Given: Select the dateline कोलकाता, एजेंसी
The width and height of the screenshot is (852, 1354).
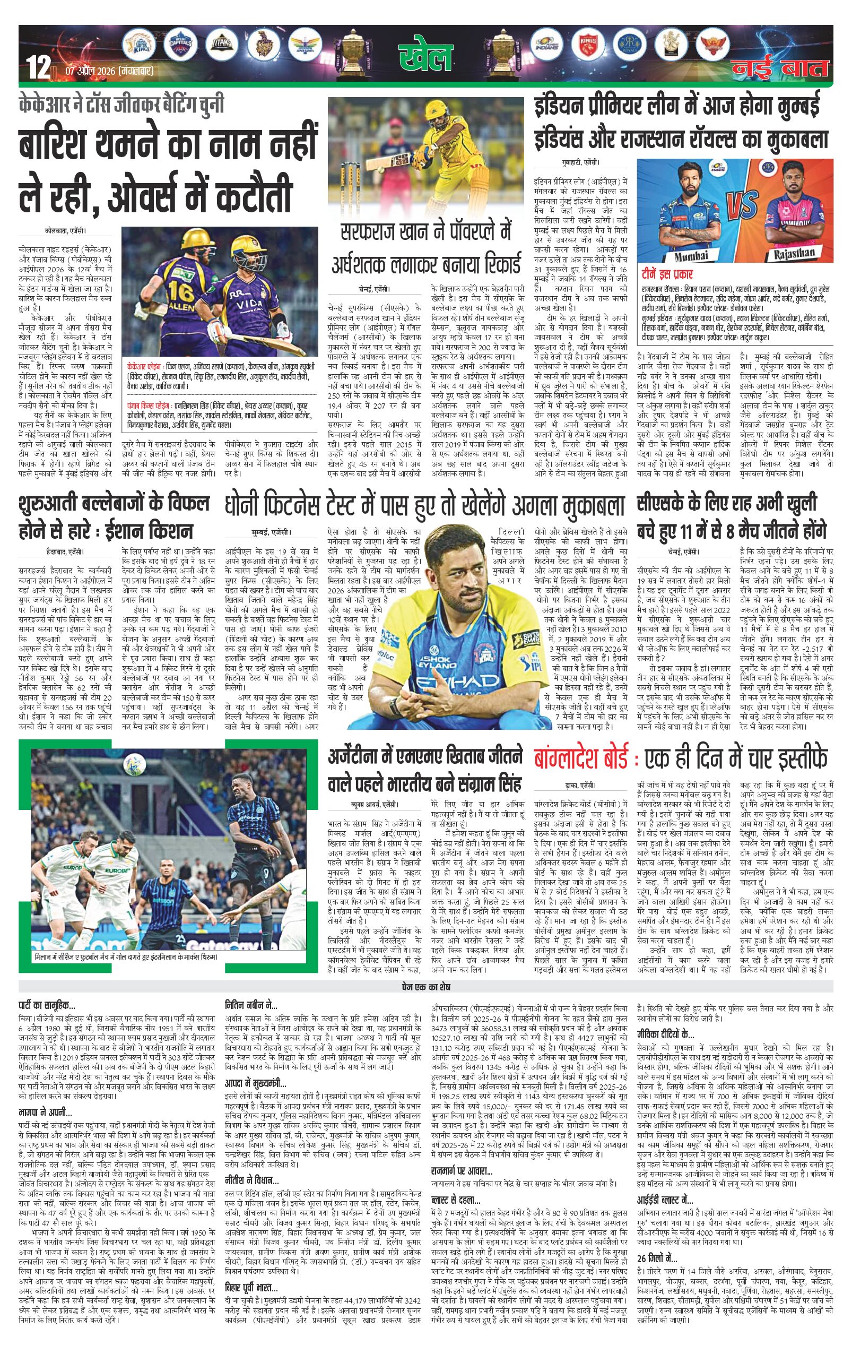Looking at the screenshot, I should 66,231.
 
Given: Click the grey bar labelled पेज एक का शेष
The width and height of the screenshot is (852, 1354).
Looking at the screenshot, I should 425,987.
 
